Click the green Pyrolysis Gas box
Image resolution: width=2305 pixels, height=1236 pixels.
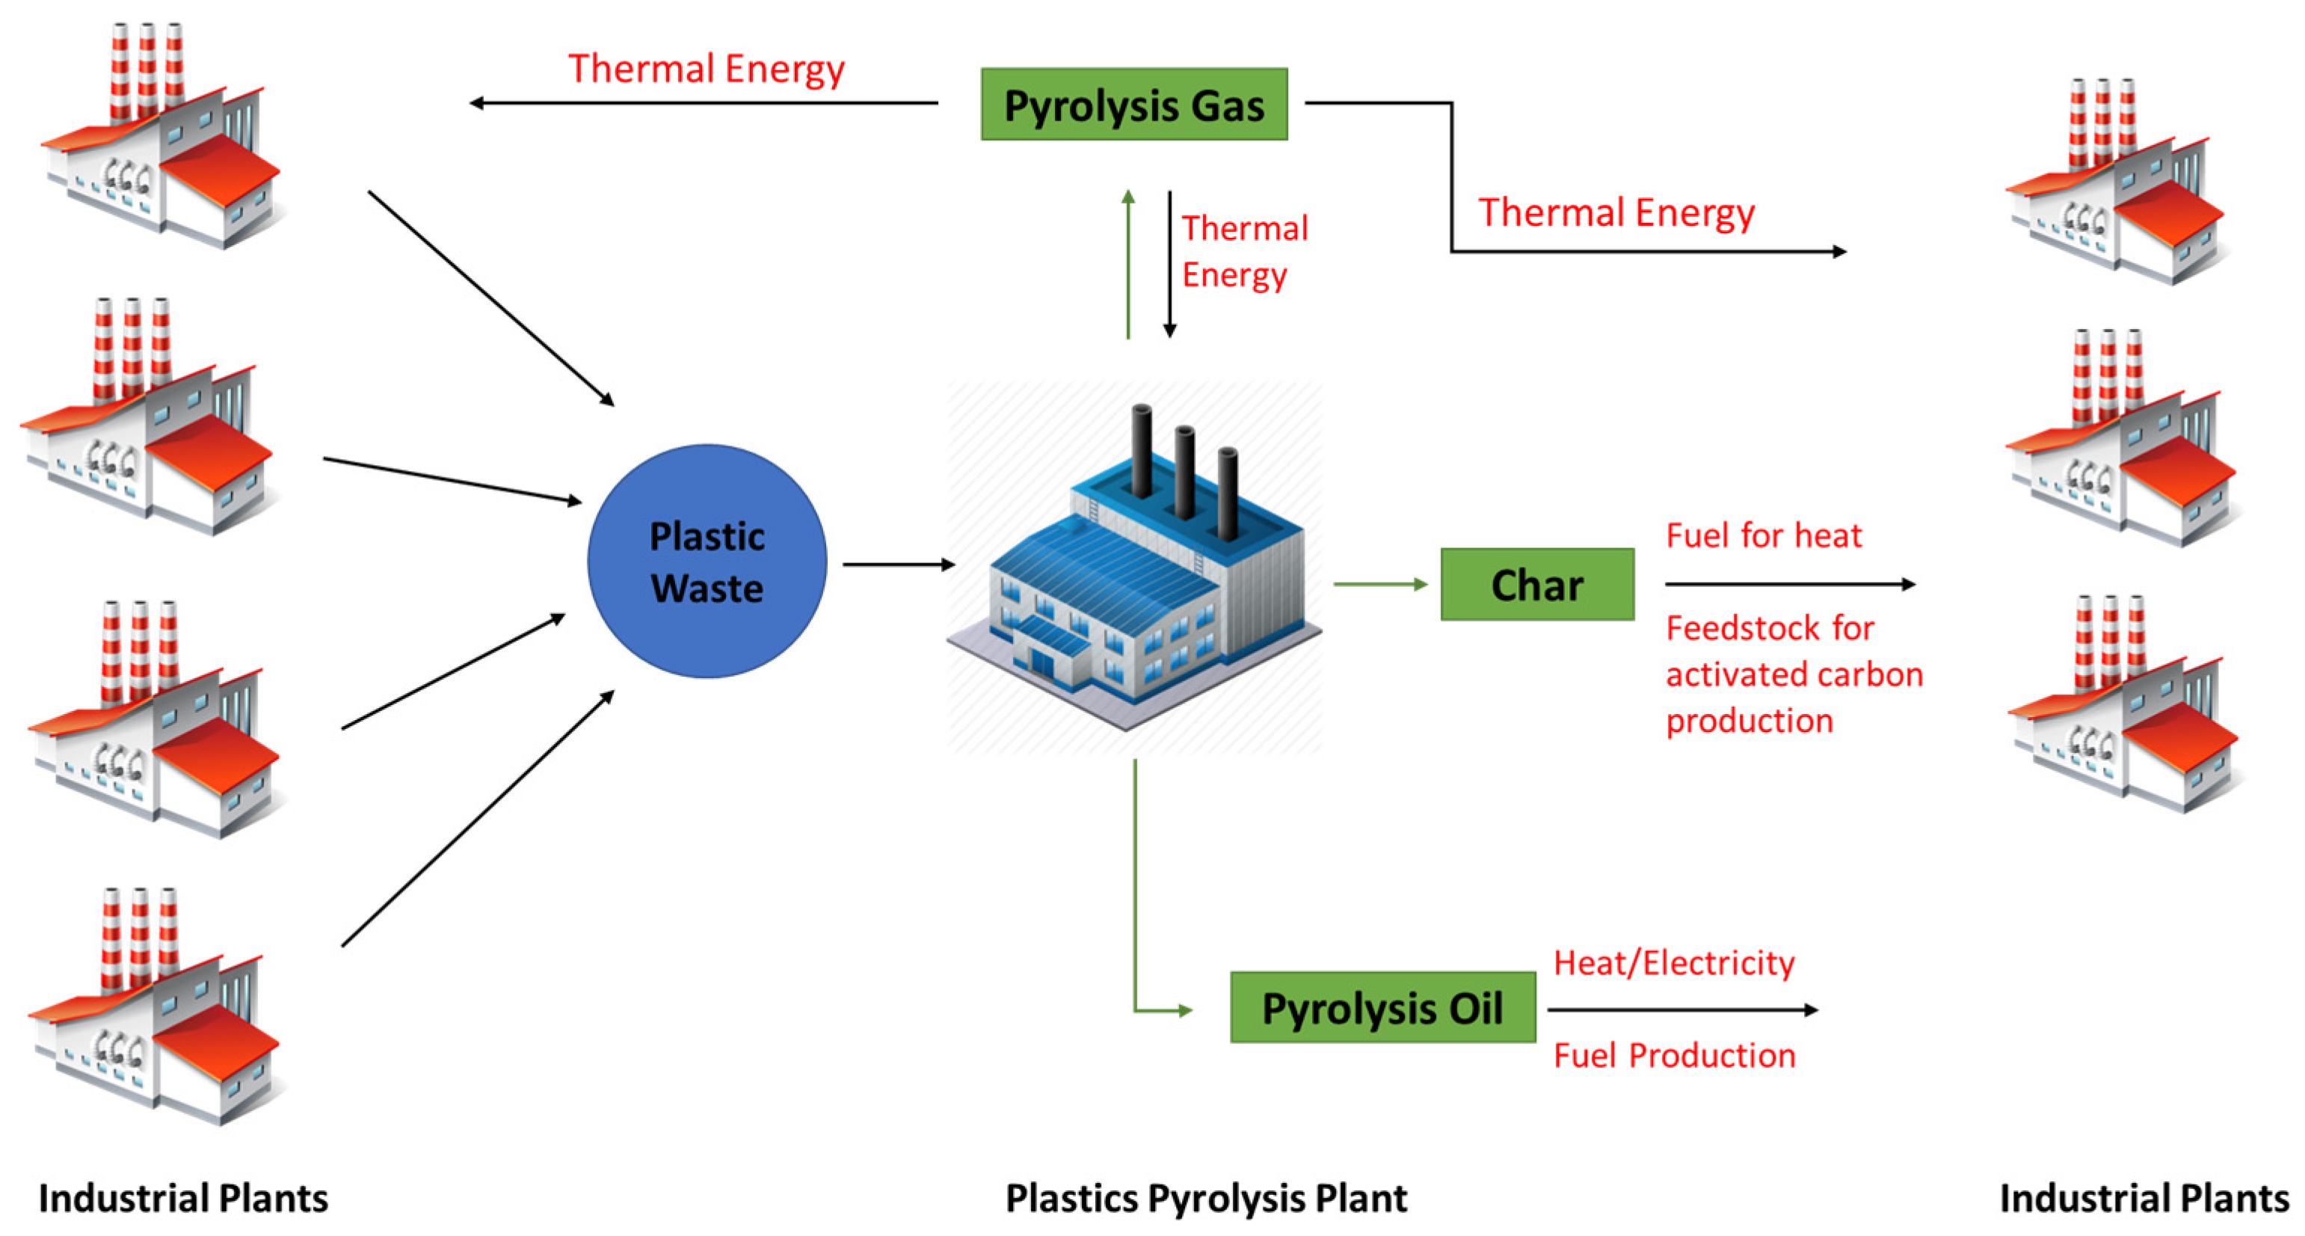[1133, 104]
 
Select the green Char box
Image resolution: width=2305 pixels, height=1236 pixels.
[1536, 585]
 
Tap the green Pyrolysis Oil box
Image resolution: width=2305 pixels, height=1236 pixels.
[1382, 1008]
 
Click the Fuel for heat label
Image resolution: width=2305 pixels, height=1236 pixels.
[1763, 535]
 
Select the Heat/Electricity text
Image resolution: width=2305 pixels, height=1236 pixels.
[1673, 963]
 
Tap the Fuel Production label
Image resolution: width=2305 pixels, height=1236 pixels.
[1673, 1055]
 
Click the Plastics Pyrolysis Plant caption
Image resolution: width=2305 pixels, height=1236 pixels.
[1205, 1199]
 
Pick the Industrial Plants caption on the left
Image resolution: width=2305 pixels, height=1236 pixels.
[183, 1199]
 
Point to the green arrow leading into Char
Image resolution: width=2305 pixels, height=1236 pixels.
[1379, 585]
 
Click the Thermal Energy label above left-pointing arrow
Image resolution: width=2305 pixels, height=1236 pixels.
[706, 70]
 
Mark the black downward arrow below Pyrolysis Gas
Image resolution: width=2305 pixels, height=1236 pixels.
[1169, 264]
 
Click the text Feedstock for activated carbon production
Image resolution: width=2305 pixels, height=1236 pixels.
[1792, 674]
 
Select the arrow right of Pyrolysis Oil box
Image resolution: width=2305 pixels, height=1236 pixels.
[1681, 1009]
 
